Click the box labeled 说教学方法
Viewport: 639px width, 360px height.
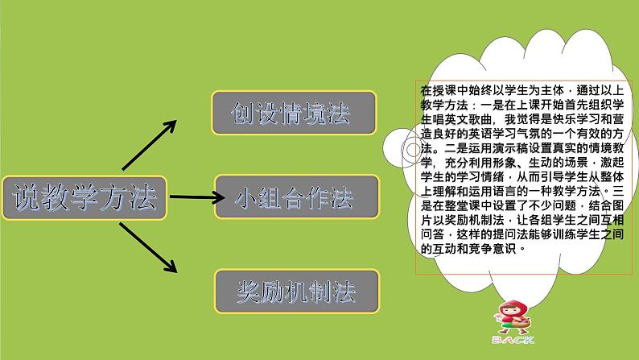85,198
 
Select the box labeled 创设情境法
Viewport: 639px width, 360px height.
294,113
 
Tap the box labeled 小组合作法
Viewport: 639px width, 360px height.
297,197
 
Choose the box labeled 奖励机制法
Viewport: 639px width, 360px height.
297,291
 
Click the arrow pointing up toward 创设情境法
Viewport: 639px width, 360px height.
149,145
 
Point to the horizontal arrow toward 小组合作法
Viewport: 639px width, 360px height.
197,197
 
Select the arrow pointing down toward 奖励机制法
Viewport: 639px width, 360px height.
148,247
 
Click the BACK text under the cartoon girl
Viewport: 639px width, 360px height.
513,340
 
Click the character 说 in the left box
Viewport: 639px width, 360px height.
27,197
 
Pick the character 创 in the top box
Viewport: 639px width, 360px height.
243,113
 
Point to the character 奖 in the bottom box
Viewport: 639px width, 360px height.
249,292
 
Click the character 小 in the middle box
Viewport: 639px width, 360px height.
246,198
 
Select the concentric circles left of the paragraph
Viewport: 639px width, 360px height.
413,150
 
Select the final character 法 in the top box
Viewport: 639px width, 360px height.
338,113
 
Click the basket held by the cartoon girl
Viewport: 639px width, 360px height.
522,323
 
